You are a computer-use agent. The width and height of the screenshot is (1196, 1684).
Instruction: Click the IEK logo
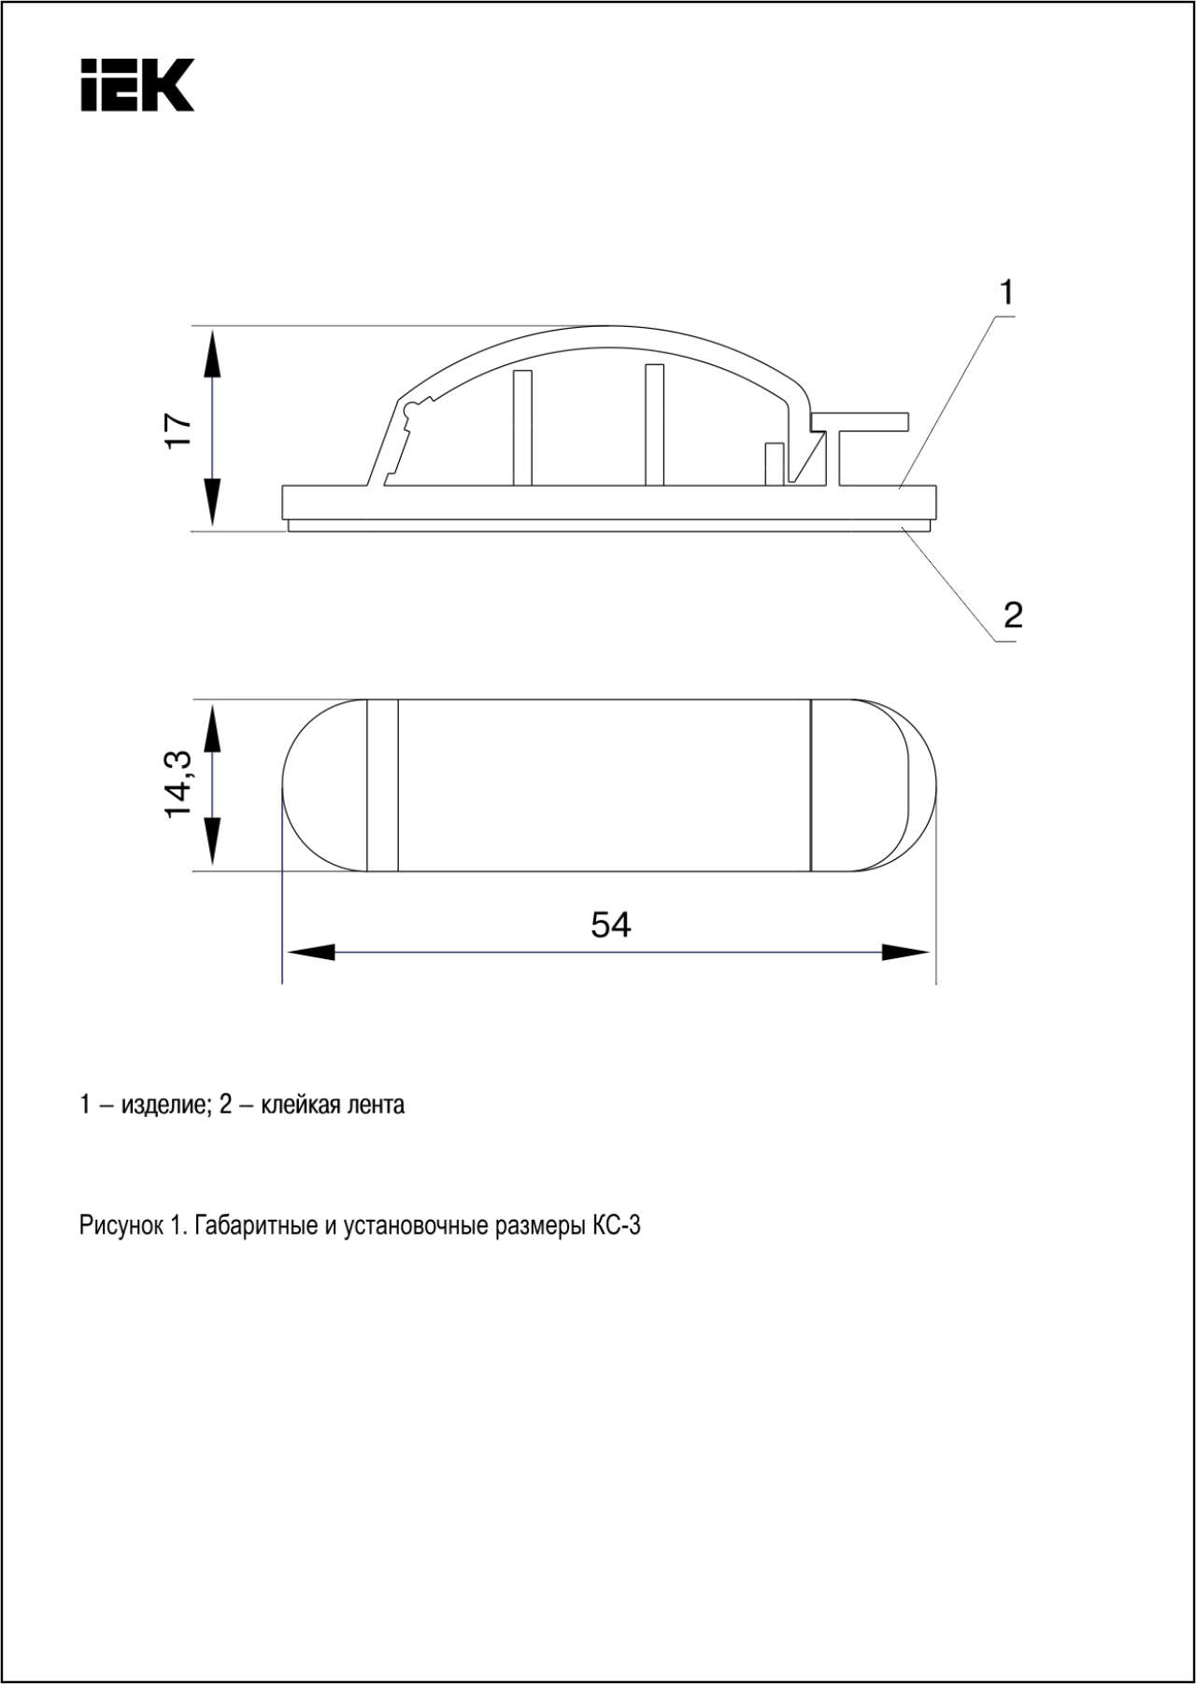pyautogui.click(x=137, y=85)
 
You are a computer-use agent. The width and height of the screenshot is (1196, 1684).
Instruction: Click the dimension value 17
pyautogui.click(x=178, y=430)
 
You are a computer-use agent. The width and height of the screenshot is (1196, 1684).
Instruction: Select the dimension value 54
pyautogui.click(x=610, y=925)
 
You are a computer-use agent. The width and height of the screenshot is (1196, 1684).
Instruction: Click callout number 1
pyautogui.click(x=1006, y=293)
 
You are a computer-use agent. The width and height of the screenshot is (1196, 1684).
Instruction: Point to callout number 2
pyautogui.click(x=1013, y=615)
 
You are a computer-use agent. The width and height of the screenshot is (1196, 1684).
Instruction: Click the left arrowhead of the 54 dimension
pyautogui.click(x=310, y=953)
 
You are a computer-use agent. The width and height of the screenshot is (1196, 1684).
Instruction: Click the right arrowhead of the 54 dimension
pyautogui.click(x=905, y=953)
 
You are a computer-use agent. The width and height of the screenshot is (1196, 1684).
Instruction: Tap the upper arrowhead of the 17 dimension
pyautogui.click(x=213, y=352)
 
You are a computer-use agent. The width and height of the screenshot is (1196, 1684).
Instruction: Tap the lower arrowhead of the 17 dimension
pyautogui.click(x=213, y=502)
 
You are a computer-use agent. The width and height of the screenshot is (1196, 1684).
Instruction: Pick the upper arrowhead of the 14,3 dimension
pyautogui.click(x=213, y=727)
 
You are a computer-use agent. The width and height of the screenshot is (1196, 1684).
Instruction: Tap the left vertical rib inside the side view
pyautogui.click(x=522, y=428)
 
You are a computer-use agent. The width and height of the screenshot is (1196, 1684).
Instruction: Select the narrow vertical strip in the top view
pyautogui.click(x=382, y=785)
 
